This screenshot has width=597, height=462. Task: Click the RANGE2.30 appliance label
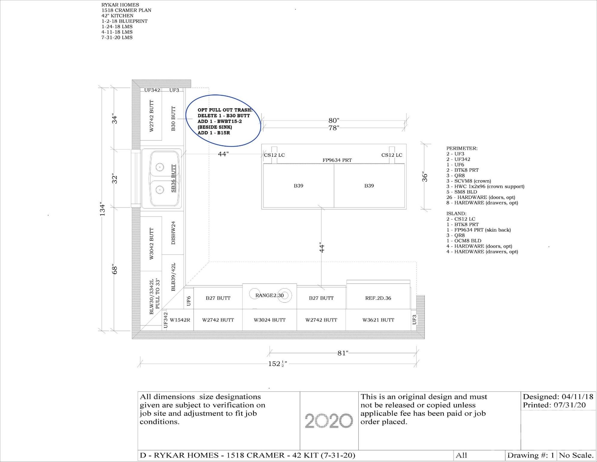269,295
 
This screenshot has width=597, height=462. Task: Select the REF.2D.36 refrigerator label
378,298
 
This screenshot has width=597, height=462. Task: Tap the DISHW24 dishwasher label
173,233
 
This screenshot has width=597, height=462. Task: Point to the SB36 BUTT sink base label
173,178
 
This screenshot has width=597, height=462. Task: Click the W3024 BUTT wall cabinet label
270,320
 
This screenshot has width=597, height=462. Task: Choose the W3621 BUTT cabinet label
378,320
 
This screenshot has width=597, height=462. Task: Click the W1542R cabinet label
180,320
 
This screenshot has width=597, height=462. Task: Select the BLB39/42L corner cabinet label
173,277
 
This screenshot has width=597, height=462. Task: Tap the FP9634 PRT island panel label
337,160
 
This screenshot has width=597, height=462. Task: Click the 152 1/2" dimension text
277,364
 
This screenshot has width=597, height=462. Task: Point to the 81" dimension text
343,353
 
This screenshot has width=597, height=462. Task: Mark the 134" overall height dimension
102,209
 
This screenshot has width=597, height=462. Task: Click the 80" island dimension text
334,121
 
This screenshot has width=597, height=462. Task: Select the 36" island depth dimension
425,177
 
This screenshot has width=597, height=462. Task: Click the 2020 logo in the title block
329,420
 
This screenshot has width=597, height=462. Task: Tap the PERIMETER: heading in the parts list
461,148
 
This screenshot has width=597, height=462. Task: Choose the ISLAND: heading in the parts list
456,214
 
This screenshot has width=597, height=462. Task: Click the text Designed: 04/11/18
558,396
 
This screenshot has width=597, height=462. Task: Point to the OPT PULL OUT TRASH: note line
225,110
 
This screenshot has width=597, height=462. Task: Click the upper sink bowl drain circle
160,167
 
